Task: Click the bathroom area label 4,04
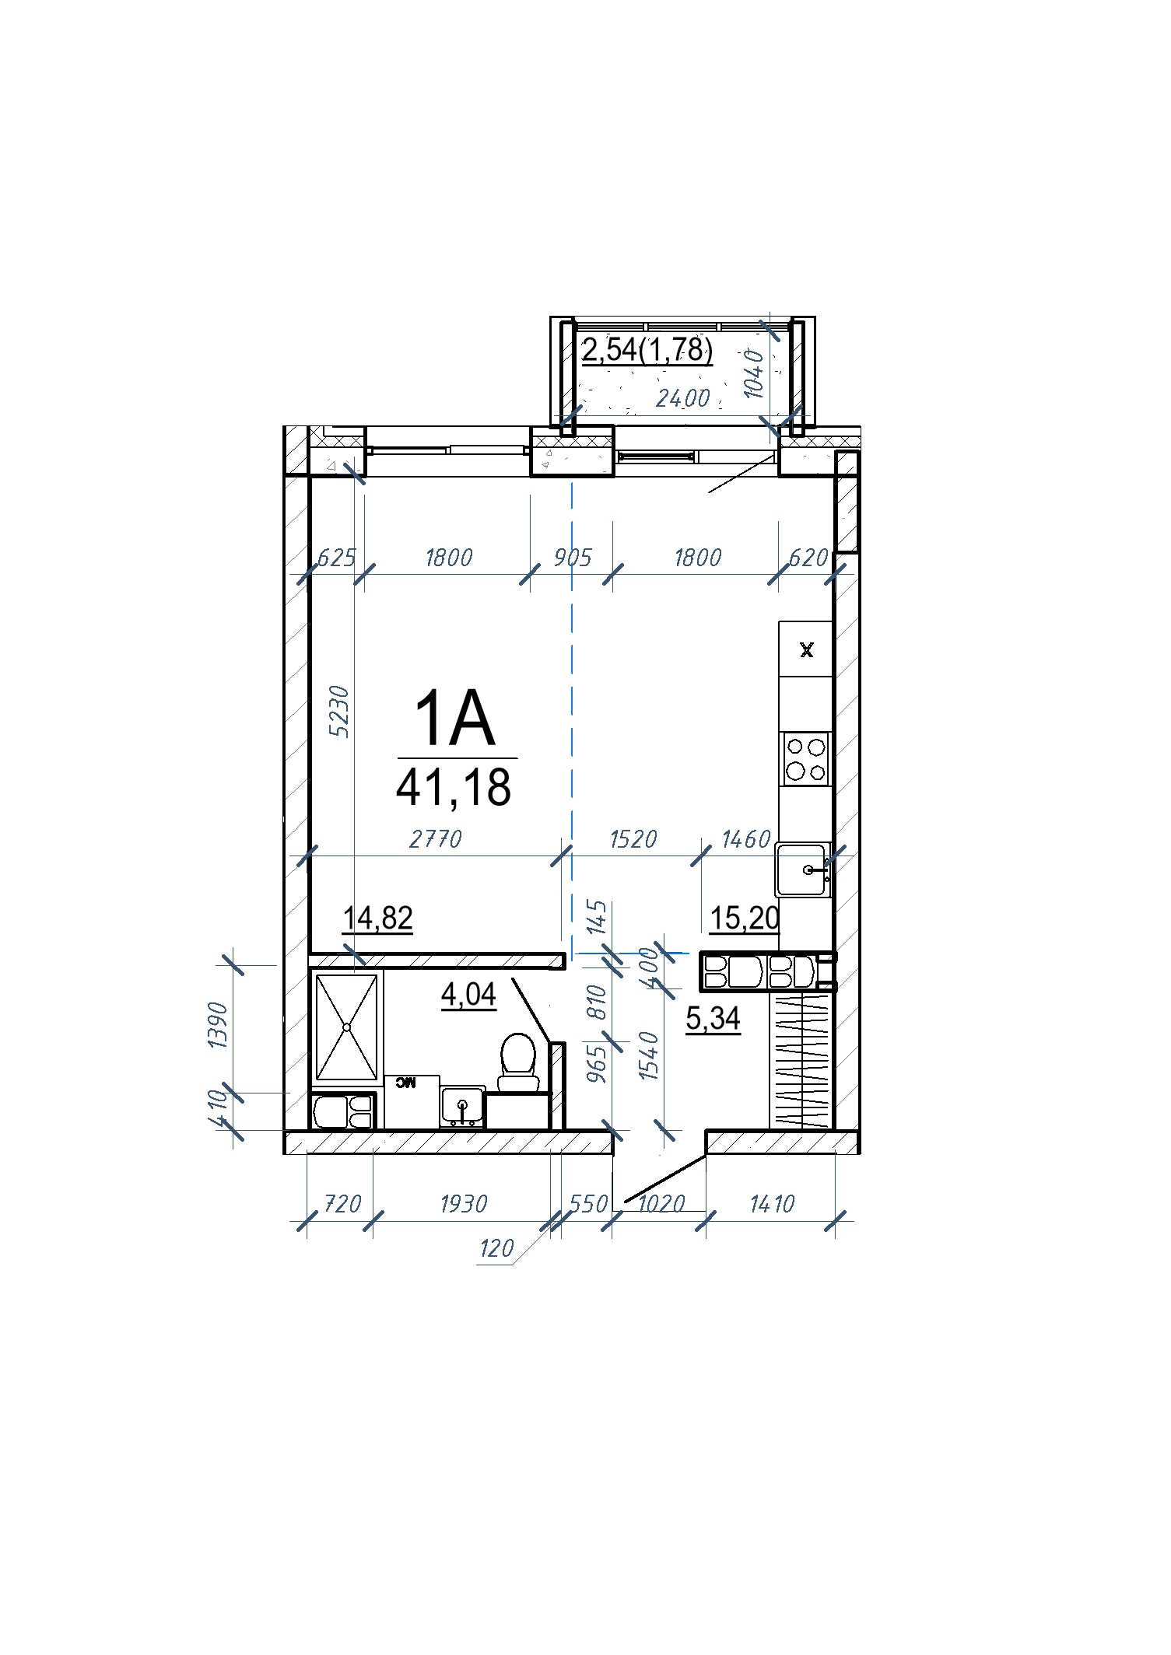(x=468, y=994)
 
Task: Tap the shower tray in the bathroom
(x=346, y=1027)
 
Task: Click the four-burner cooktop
(x=806, y=758)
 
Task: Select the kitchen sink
(x=802, y=869)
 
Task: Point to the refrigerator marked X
(x=806, y=649)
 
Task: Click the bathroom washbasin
(x=462, y=1106)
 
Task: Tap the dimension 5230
(x=339, y=711)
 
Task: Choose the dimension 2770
(x=436, y=838)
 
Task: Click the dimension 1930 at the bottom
(x=464, y=1203)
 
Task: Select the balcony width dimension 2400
(x=683, y=398)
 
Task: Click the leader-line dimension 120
(x=496, y=1248)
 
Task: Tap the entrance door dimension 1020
(x=661, y=1204)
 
